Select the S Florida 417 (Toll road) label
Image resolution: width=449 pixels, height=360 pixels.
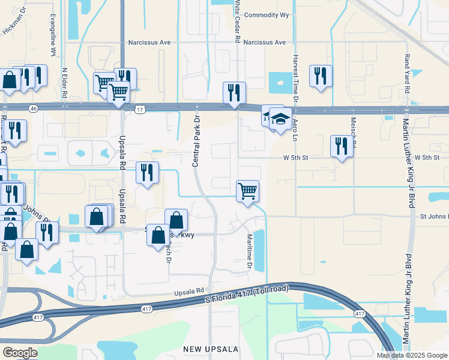tap(247, 294)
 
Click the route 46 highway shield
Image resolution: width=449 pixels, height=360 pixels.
tap(34, 107)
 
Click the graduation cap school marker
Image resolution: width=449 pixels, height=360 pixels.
tap(280, 119)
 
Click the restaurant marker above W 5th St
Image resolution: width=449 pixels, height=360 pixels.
tap(342, 146)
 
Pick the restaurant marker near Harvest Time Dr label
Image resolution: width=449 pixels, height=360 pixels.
tap(321, 76)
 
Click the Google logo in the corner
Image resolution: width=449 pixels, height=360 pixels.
tap(19, 352)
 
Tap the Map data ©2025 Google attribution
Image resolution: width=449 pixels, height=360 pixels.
tap(411, 355)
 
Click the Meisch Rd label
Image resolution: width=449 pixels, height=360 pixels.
tap(354, 141)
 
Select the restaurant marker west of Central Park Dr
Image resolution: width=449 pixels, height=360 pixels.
tap(147, 173)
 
